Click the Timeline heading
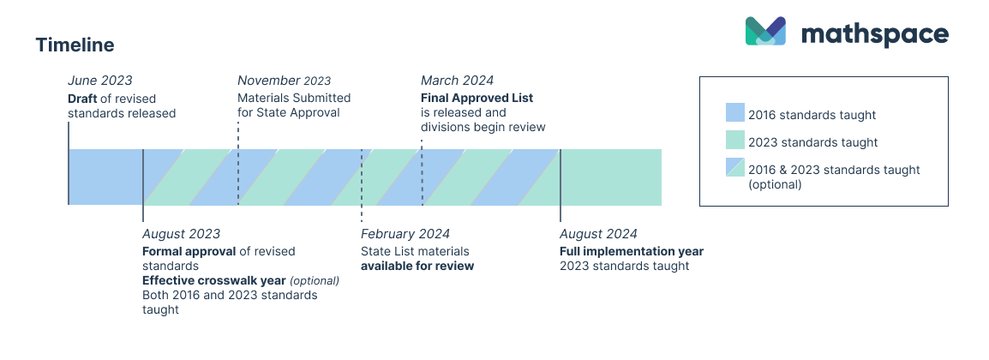point(75,45)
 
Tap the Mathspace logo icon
point(765,31)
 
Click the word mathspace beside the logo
point(874,34)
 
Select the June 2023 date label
point(100,81)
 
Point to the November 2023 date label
point(284,81)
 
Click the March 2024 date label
point(457,81)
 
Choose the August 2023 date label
point(181,234)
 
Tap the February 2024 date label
point(405,234)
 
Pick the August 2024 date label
point(598,234)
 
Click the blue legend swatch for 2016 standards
point(734,113)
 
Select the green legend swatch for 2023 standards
point(734,141)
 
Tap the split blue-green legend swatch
point(734,169)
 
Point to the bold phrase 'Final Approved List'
point(477,98)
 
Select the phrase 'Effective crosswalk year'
point(213,280)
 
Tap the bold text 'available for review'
point(417,266)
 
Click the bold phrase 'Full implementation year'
point(631,251)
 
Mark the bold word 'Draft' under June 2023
point(83,98)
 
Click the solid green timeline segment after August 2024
point(610,177)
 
